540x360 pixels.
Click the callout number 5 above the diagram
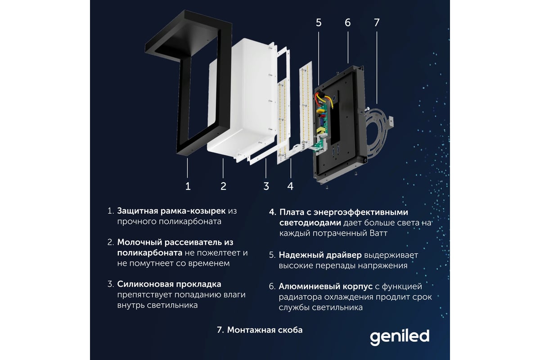click(319, 22)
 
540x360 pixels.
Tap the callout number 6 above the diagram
click(347, 22)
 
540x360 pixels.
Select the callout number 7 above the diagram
click(377, 22)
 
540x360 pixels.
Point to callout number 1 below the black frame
click(188, 186)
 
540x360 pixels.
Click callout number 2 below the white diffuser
click(224, 186)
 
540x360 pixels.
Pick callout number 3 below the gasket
click(266, 186)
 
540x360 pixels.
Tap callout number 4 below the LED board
click(291, 186)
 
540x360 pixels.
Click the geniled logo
click(400, 337)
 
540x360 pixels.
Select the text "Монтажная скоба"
click(265, 330)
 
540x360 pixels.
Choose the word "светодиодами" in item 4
click(310, 223)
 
